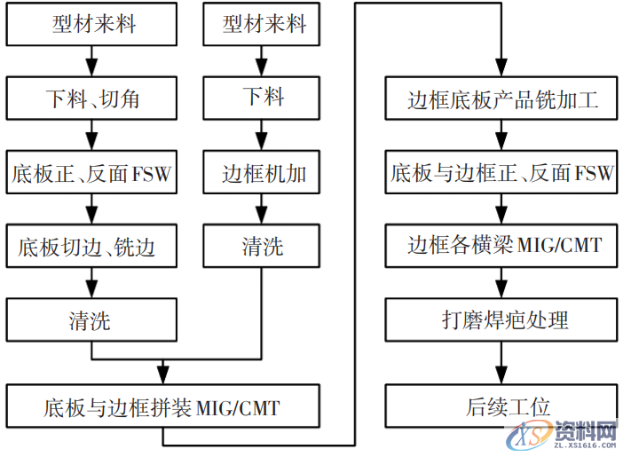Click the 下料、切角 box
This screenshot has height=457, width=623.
pos(91,98)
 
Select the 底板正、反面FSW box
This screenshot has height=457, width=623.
pos(91,172)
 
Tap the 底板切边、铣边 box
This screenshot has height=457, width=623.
pos(91,246)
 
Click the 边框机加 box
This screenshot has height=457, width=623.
pos(263,172)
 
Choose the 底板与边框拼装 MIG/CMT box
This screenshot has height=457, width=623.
pos(162,407)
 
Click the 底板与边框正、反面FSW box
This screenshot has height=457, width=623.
pos(503,172)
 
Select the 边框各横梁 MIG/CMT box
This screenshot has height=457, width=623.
pos(503,246)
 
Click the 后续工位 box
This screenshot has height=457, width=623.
pos(503,407)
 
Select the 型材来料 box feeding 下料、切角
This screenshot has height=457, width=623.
pos(91,24)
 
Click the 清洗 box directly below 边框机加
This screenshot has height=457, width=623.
pos(263,246)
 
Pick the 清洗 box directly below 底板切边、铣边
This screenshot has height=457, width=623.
pos(91,319)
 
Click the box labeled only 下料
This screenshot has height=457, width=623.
pos(263,98)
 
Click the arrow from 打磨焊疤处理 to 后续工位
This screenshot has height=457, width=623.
pos(503,363)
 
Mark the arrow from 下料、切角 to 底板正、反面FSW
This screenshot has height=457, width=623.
pos(91,135)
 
